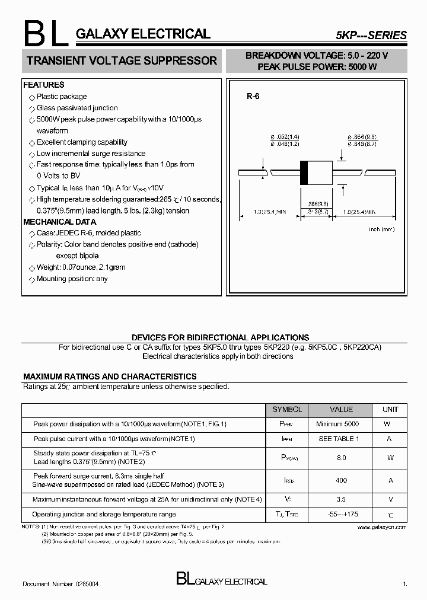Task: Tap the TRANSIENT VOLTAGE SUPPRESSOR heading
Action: coord(122,60)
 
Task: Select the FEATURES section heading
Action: coord(43,85)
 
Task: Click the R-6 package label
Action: coord(253,97)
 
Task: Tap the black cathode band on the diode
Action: coord(304,172)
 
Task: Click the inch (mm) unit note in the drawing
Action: coord(381,229)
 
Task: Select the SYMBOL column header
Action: coord(287,410)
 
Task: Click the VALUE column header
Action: coord(341,410)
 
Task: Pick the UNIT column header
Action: coord(390,410)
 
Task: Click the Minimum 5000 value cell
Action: coord(337,425)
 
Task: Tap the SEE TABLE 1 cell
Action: coord(339,439)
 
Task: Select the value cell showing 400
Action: coord(340,480)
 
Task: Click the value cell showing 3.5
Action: coord(340,500)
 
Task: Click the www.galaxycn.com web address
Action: coord(383,526)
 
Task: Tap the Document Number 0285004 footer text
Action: coord(60,584)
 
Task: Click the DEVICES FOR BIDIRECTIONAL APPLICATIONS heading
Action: coord(220,337)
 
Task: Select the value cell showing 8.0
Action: coord(340,458)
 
